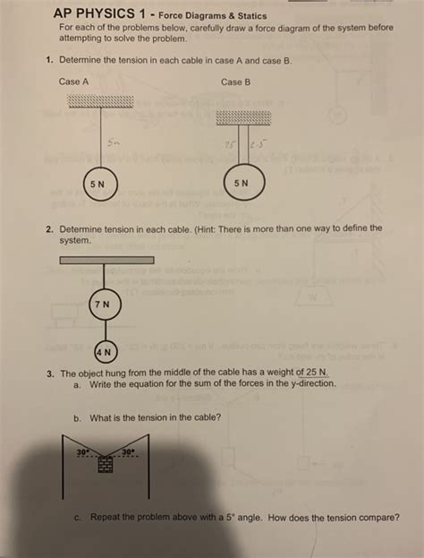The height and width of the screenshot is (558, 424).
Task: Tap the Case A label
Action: tap(73, 82)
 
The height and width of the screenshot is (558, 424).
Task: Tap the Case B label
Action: tap(235, 82)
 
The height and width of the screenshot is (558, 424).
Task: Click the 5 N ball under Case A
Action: tap(100, 184)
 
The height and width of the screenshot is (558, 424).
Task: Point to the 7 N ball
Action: tap(104, 305)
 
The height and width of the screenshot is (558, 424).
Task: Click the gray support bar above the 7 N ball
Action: tap(106, 260)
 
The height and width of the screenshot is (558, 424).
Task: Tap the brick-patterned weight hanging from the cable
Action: tap(106, 464)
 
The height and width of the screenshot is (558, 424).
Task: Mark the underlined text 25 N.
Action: tap(316, 372)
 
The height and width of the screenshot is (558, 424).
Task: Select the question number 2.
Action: tap(50, 228)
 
